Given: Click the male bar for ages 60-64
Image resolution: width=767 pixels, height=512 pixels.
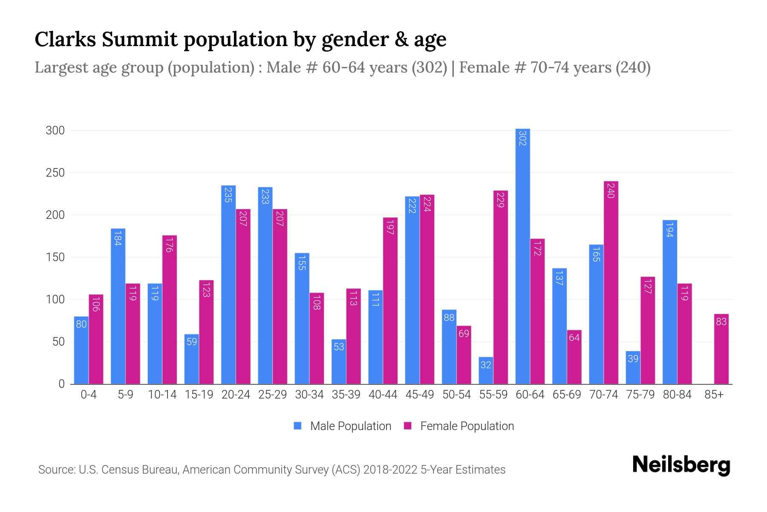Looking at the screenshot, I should [x=522, y=256].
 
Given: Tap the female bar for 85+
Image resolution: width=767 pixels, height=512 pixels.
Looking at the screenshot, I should [x=721, y=349].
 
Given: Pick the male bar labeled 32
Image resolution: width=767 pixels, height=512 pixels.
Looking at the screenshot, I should [x=486, y=370].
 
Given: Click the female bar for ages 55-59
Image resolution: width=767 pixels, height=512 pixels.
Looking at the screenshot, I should [x=501, y=287].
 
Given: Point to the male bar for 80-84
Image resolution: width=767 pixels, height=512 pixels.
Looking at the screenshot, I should [x=669, y=302].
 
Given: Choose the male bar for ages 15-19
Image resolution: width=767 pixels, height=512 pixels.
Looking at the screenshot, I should [x=192, y=359].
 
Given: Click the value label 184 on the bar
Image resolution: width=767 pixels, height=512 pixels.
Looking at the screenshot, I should [x=118, y=238].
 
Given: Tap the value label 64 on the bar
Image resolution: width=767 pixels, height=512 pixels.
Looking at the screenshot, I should [x=574, y=338].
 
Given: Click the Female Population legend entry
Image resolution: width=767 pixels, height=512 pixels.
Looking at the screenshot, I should [x=459, y=426].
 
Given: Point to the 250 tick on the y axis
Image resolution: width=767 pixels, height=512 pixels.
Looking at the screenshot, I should [x=55, y=173].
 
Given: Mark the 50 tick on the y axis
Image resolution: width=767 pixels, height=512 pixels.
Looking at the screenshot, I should [x=58, y=342].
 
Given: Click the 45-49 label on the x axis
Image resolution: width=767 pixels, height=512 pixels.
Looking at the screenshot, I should [x=420, y=395].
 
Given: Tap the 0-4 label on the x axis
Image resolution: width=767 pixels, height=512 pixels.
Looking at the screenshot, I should [x=89, y=395].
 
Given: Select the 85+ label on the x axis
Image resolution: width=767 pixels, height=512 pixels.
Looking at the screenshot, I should [x=714, y=395].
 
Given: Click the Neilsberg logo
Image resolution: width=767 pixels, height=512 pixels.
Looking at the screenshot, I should [x=681, y=465].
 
